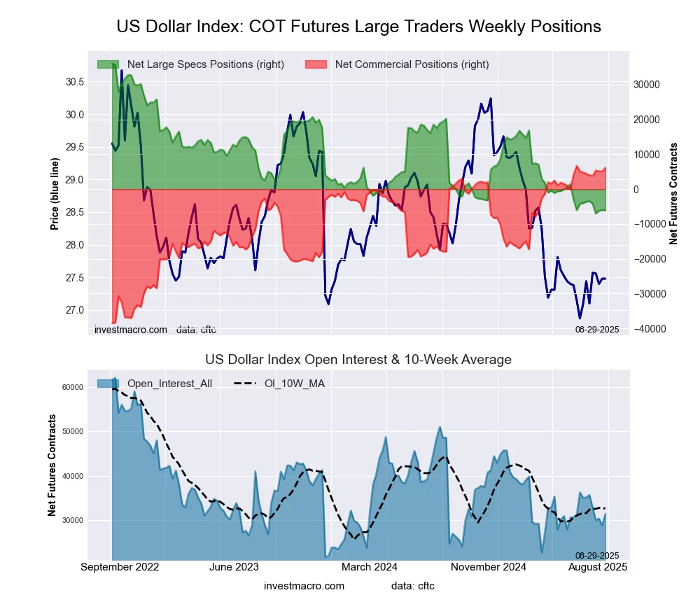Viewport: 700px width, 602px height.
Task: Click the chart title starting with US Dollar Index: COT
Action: click(x=358, y=27)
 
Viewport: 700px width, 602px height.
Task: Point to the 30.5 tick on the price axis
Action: click(x=75, y=82)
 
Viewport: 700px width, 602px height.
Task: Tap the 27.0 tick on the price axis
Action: click(x=75, y=310)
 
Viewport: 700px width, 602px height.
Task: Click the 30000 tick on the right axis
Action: click(x=646, y=85)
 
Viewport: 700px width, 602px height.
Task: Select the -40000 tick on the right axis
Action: click(x=645, y=329)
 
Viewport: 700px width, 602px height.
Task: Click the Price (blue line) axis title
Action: click(x=55, y=194)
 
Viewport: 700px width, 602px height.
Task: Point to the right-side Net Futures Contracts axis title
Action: click(x=674, y=194)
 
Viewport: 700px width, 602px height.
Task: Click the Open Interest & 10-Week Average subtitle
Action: click(x=358, y=360)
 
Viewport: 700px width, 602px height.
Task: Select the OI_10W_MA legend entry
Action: click(x=294, y=383)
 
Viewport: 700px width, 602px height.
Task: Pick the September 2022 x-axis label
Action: click(x=120, y=567)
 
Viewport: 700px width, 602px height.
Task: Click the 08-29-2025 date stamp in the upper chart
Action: click(x=596, y=329)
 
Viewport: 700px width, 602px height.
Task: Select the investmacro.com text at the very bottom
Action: click(x=304, y=585)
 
